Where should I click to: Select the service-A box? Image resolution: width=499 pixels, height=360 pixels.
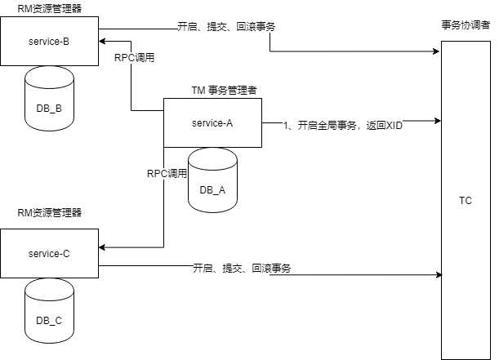tap(212, 122)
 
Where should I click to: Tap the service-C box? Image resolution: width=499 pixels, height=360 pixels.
tap(49, 254)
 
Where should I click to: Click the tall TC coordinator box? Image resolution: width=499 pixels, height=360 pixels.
tap(466, 201)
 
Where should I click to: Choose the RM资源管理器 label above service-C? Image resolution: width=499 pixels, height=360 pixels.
tap(50, 213)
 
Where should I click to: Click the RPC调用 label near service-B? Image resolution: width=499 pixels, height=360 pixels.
tap(136, 58)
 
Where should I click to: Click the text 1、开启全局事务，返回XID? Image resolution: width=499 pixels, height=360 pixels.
tap(343, 126)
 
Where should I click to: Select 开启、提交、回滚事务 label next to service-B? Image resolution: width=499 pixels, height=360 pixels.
tap(226, 26)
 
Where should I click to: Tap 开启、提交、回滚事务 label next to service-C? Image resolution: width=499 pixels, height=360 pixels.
tap(243, 268)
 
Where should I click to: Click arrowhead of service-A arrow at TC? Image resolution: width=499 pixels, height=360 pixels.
tap(437, 121)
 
